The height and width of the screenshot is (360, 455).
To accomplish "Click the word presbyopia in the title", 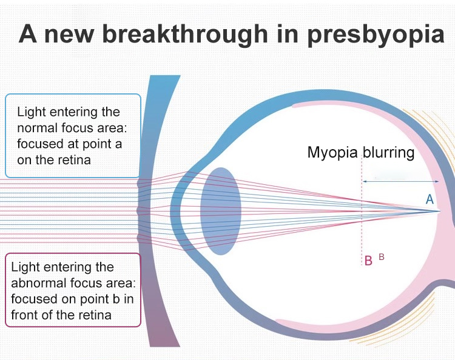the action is click(376, 35).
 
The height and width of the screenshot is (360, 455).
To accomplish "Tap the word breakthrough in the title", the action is click(185, 34).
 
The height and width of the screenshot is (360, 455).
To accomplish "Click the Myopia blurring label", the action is click(361, 153).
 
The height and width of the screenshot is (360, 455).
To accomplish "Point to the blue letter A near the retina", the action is click(430, 199).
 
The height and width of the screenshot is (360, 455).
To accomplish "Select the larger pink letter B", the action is click(368, 261).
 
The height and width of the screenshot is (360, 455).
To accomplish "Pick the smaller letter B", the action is click(382, 256).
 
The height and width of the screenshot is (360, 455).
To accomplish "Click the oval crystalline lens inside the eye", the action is click(221, 211).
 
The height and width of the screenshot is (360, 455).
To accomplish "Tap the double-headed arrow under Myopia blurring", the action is click(401, 181).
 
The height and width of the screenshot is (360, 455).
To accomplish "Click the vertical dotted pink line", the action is click(362, 210).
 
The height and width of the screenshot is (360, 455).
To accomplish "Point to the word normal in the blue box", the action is click(36, 128).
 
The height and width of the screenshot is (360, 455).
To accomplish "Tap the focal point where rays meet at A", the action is click(440, 211).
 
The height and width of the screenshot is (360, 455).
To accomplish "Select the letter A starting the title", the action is click(28, 33).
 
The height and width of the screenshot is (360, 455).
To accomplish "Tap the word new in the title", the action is click(69, 36).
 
